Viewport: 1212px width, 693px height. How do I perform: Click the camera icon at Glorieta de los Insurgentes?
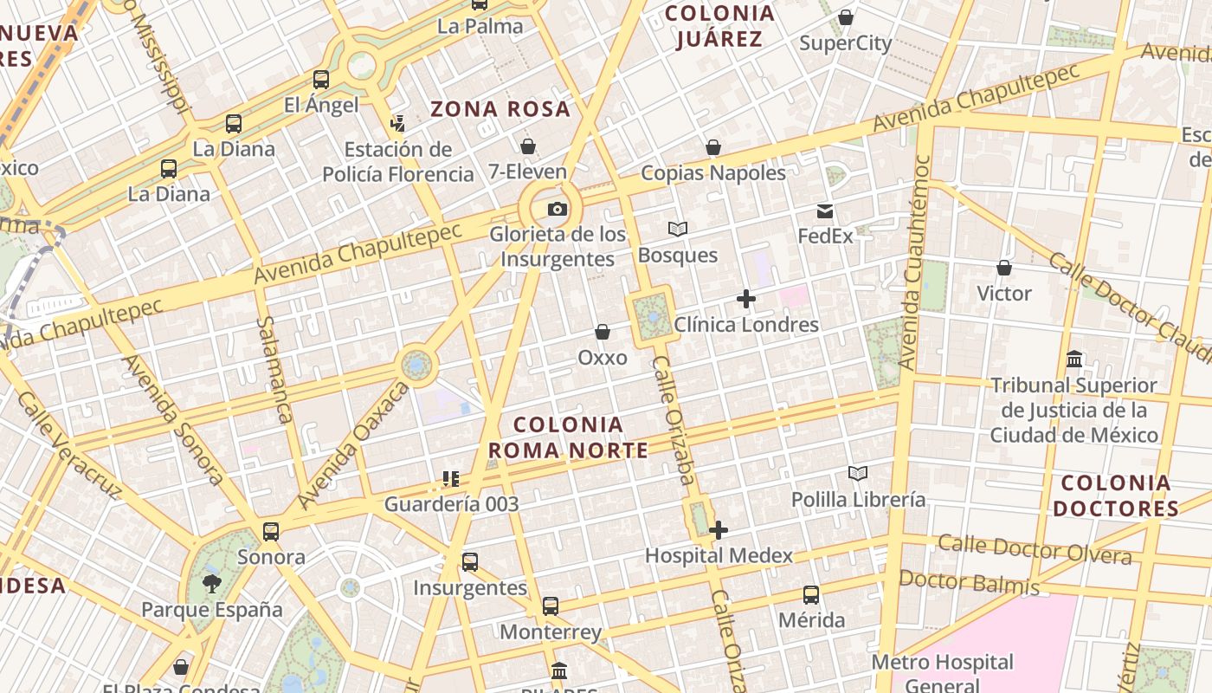point(558,209)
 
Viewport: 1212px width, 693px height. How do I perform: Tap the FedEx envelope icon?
point(824,210)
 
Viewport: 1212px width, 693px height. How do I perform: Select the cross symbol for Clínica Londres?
point(745,300)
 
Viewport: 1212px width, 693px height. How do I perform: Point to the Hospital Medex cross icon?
point(719,530)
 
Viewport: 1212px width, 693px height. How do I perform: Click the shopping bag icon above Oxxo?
point(603,332)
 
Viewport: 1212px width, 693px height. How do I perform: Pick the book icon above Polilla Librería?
point(857,474)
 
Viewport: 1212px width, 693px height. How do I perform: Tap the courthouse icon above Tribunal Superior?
point(1074,359)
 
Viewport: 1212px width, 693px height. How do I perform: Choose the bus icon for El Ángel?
point(321,80)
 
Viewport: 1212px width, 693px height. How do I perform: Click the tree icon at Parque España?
point(211,584)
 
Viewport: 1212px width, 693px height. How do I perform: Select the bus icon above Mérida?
point(811,595)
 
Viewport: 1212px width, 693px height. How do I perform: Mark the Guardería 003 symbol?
point(450,478)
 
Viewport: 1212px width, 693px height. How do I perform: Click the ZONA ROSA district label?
point(500,109)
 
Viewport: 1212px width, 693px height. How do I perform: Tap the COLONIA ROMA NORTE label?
point(568,437)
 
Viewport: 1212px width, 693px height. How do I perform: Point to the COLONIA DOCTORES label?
point(1115,495)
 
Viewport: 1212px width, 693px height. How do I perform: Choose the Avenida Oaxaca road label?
point(352,446)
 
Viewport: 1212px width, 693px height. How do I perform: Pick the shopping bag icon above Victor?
point(1004,268)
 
